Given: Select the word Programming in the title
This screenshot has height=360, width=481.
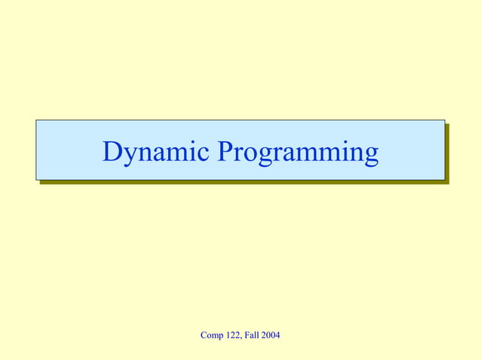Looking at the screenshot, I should pyautogui.click(x=298, y=153).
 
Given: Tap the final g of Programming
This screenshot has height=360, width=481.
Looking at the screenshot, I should pyautogui.click(x=370, y=156).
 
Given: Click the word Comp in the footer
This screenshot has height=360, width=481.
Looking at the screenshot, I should pyautogui.click(x=211, y=334).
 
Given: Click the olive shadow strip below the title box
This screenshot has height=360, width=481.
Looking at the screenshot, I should pyautogui.click(x=241, y=182).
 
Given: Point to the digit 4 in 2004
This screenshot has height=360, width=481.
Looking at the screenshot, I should pyautogui.click(x=277, y=334).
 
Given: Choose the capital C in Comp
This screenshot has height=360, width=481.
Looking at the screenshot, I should pyautogui.click(x=204, y=334).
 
